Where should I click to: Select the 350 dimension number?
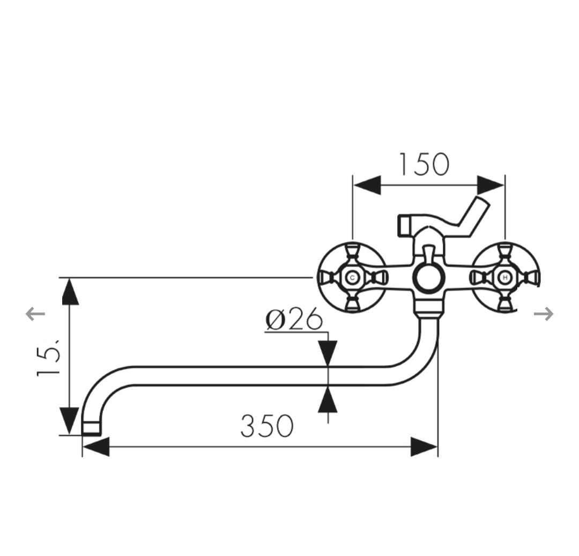click(x=266, y=426)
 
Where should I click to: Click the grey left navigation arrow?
click(x=35, y=314)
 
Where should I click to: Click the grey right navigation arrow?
click(x=544, y=314)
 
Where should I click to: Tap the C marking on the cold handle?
click(x=352, y=278)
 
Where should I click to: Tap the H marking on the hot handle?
click(x=504, y=278)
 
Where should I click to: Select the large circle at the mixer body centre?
click(x=427, y=278)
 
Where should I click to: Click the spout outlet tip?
click(x=92, y=427)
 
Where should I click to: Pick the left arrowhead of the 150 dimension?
click(x=367, y=185)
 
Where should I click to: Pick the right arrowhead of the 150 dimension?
click(x=491, y=185)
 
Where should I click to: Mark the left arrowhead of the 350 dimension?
click(x=96, y=447)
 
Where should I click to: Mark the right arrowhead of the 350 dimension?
click(x=424, y=447)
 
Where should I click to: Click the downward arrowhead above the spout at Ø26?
click(x=328, y=353)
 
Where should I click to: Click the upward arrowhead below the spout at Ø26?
click(x=328, y=399)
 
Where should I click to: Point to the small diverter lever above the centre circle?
click(x=428, y=253)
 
